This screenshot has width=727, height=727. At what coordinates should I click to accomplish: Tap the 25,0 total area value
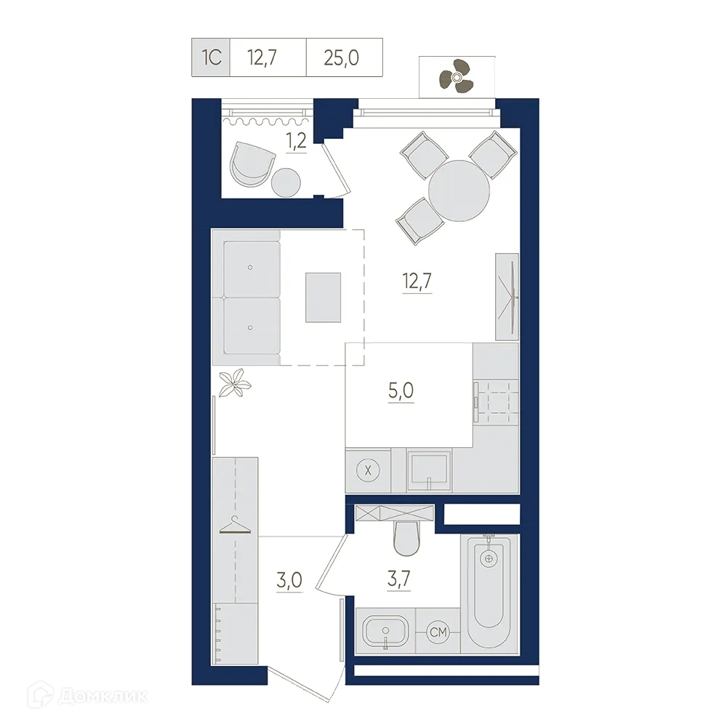(x=343, y=55)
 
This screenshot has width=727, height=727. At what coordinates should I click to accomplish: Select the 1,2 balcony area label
(x=295, y=141)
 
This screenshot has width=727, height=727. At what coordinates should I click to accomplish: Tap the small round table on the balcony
(x=287, y=182)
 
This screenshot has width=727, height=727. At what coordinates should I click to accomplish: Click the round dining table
(x=459, y=190)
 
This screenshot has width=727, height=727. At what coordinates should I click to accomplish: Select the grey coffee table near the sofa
(x=322, y=297)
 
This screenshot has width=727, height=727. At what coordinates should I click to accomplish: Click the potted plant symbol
(x=235, y=382)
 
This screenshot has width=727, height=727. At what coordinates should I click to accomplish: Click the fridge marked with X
(x=369, y=470)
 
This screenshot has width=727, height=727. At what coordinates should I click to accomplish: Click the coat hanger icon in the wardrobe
(x=236, y=525)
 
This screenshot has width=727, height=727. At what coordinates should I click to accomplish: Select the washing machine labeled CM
(x=438, y=633)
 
